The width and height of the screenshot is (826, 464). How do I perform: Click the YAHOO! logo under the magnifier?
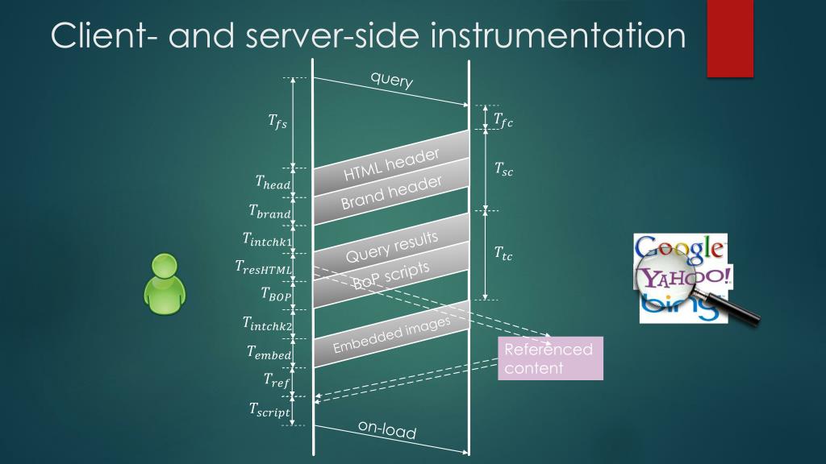tap(685, 279)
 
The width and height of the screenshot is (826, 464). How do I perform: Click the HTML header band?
tap(390, 164)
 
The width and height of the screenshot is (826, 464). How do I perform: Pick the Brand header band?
tap(390, 193)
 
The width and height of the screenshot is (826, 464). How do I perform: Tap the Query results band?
tap(390, 247)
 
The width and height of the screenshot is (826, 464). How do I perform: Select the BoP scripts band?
tap(390, 275)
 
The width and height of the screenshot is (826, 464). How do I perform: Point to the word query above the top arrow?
tap(392, 80)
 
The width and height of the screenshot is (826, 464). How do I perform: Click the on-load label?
tap(387, 429)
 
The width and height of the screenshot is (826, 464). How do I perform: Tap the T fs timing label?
tap(277, 122)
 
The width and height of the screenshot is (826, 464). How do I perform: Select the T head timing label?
tap(273, 183)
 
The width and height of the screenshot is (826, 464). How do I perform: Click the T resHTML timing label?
tap(264, 267)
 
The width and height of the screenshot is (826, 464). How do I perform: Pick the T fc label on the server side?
tap(503, 121)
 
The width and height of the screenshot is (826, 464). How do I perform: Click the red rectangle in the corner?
tap(730, 39)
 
